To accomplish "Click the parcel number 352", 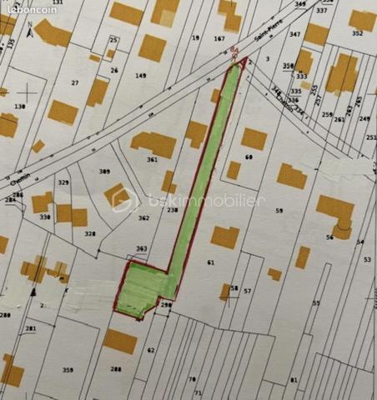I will point(357,34).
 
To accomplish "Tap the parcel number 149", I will point(141,76).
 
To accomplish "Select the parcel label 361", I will point(152,159).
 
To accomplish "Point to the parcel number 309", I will point(104,171).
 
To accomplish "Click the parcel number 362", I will point(143,217).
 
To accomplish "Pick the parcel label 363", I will point(141,248).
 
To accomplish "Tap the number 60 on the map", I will point(249,157).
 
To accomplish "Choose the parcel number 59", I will point(279,210).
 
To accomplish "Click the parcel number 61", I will point(211,262).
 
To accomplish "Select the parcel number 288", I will point(116,368).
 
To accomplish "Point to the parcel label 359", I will point(68,368).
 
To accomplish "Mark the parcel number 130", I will point(20,107).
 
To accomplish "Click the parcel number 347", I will point(294,34).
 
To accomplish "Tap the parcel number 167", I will point(219,38).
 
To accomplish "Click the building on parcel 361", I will point(155,143).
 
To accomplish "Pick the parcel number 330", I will point(44,217).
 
